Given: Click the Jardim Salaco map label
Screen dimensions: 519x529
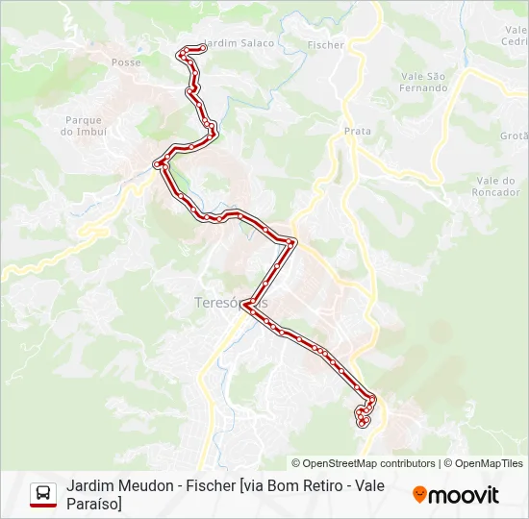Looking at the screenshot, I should click(240, 42).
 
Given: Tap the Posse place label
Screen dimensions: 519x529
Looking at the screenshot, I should click(126, 62).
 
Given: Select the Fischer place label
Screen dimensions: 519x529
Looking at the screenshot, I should click(325, 44).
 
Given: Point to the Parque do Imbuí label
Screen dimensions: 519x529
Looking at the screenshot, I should click(84, 126).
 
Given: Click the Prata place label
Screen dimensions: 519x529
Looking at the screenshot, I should click(358, 131).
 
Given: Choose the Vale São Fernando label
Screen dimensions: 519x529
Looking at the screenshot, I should click(424, 82).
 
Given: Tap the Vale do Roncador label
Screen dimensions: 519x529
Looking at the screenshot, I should click(497, 185).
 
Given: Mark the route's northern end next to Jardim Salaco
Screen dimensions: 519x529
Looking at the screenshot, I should click(201, 47).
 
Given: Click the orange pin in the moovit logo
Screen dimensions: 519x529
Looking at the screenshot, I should click(419, 495).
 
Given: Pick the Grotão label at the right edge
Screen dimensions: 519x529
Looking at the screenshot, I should click(515, 136).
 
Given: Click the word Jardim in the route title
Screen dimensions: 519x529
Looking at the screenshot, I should click(88, 486).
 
